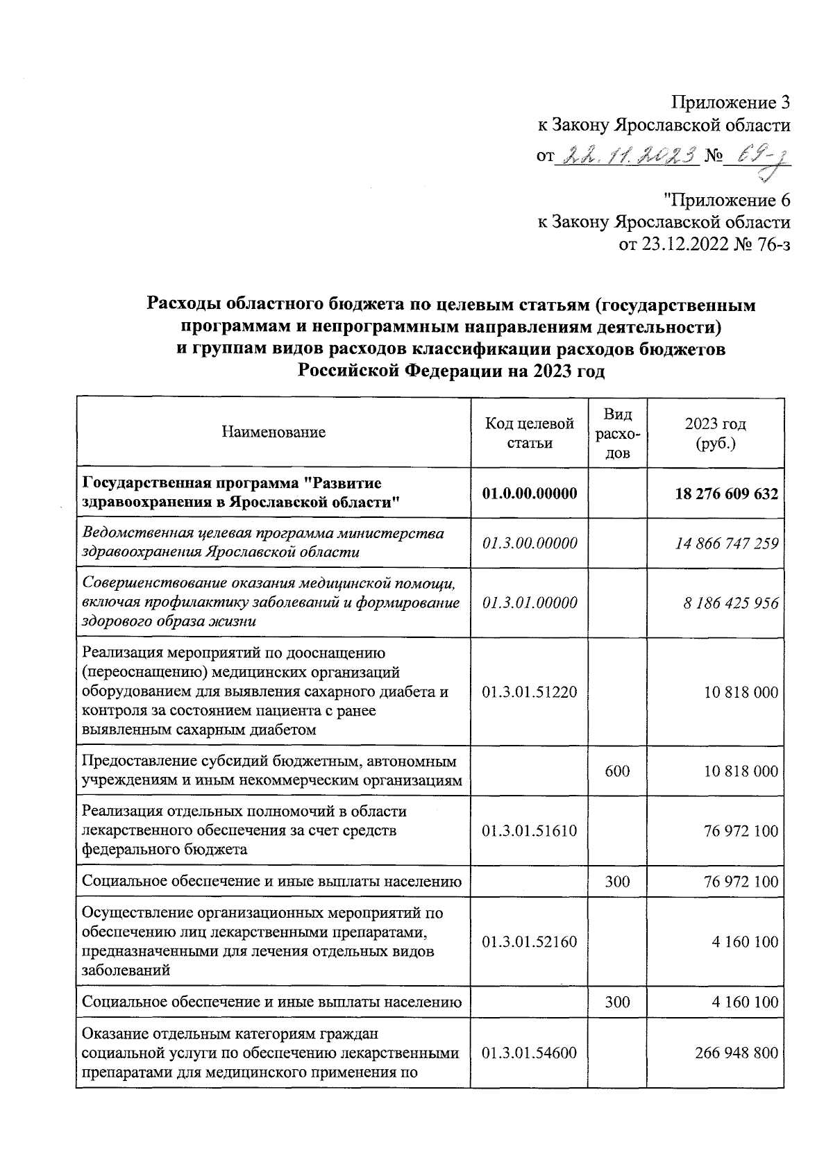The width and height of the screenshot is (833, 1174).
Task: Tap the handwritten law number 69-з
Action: (x=760, y=158)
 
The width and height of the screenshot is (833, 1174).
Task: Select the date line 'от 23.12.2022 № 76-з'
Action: (x=704, y=244)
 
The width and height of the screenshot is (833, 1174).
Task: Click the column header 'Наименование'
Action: (x=274, y=433)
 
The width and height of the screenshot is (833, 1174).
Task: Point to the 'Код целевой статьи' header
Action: (x=530, y=433)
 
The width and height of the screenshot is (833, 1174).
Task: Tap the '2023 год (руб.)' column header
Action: (x=715, y=433)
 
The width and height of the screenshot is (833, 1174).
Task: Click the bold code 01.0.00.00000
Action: (x=530, y=493)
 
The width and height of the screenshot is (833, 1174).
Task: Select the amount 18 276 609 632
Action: (x=726, y=493)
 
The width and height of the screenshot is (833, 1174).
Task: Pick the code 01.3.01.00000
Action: (x=530, y=603)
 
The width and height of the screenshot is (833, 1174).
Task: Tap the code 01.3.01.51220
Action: (x=530, y=692)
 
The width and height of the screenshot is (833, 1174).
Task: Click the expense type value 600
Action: (x=617, y=771)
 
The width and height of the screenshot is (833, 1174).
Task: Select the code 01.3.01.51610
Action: (x=530, y=831)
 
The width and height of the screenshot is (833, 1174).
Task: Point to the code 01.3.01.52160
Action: (x=530, y=942)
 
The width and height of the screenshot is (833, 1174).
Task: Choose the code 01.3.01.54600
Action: (x=530, y=1053)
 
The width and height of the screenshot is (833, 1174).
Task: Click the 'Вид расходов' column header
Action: (x=618, y=433)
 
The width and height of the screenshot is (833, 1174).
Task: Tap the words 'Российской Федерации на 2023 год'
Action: (x=451, y=371)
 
